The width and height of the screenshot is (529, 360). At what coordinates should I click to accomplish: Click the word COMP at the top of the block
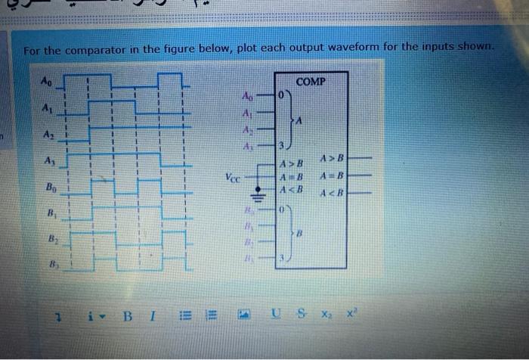(311, 80)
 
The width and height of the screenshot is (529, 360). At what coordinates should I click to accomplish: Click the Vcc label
(233, 179)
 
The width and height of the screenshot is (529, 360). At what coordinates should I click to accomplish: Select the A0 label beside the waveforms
(47, 78)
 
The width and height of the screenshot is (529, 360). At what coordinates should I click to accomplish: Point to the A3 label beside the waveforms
(49, 160)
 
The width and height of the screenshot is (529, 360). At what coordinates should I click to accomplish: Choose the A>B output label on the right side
(332, 159)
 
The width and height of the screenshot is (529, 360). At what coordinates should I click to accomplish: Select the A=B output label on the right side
(332, 175)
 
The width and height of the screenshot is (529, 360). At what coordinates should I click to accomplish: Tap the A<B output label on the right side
(332, 191)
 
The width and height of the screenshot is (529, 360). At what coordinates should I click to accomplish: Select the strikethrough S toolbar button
(299, 313)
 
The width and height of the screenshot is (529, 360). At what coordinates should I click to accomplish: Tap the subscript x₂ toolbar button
(326, 313)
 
